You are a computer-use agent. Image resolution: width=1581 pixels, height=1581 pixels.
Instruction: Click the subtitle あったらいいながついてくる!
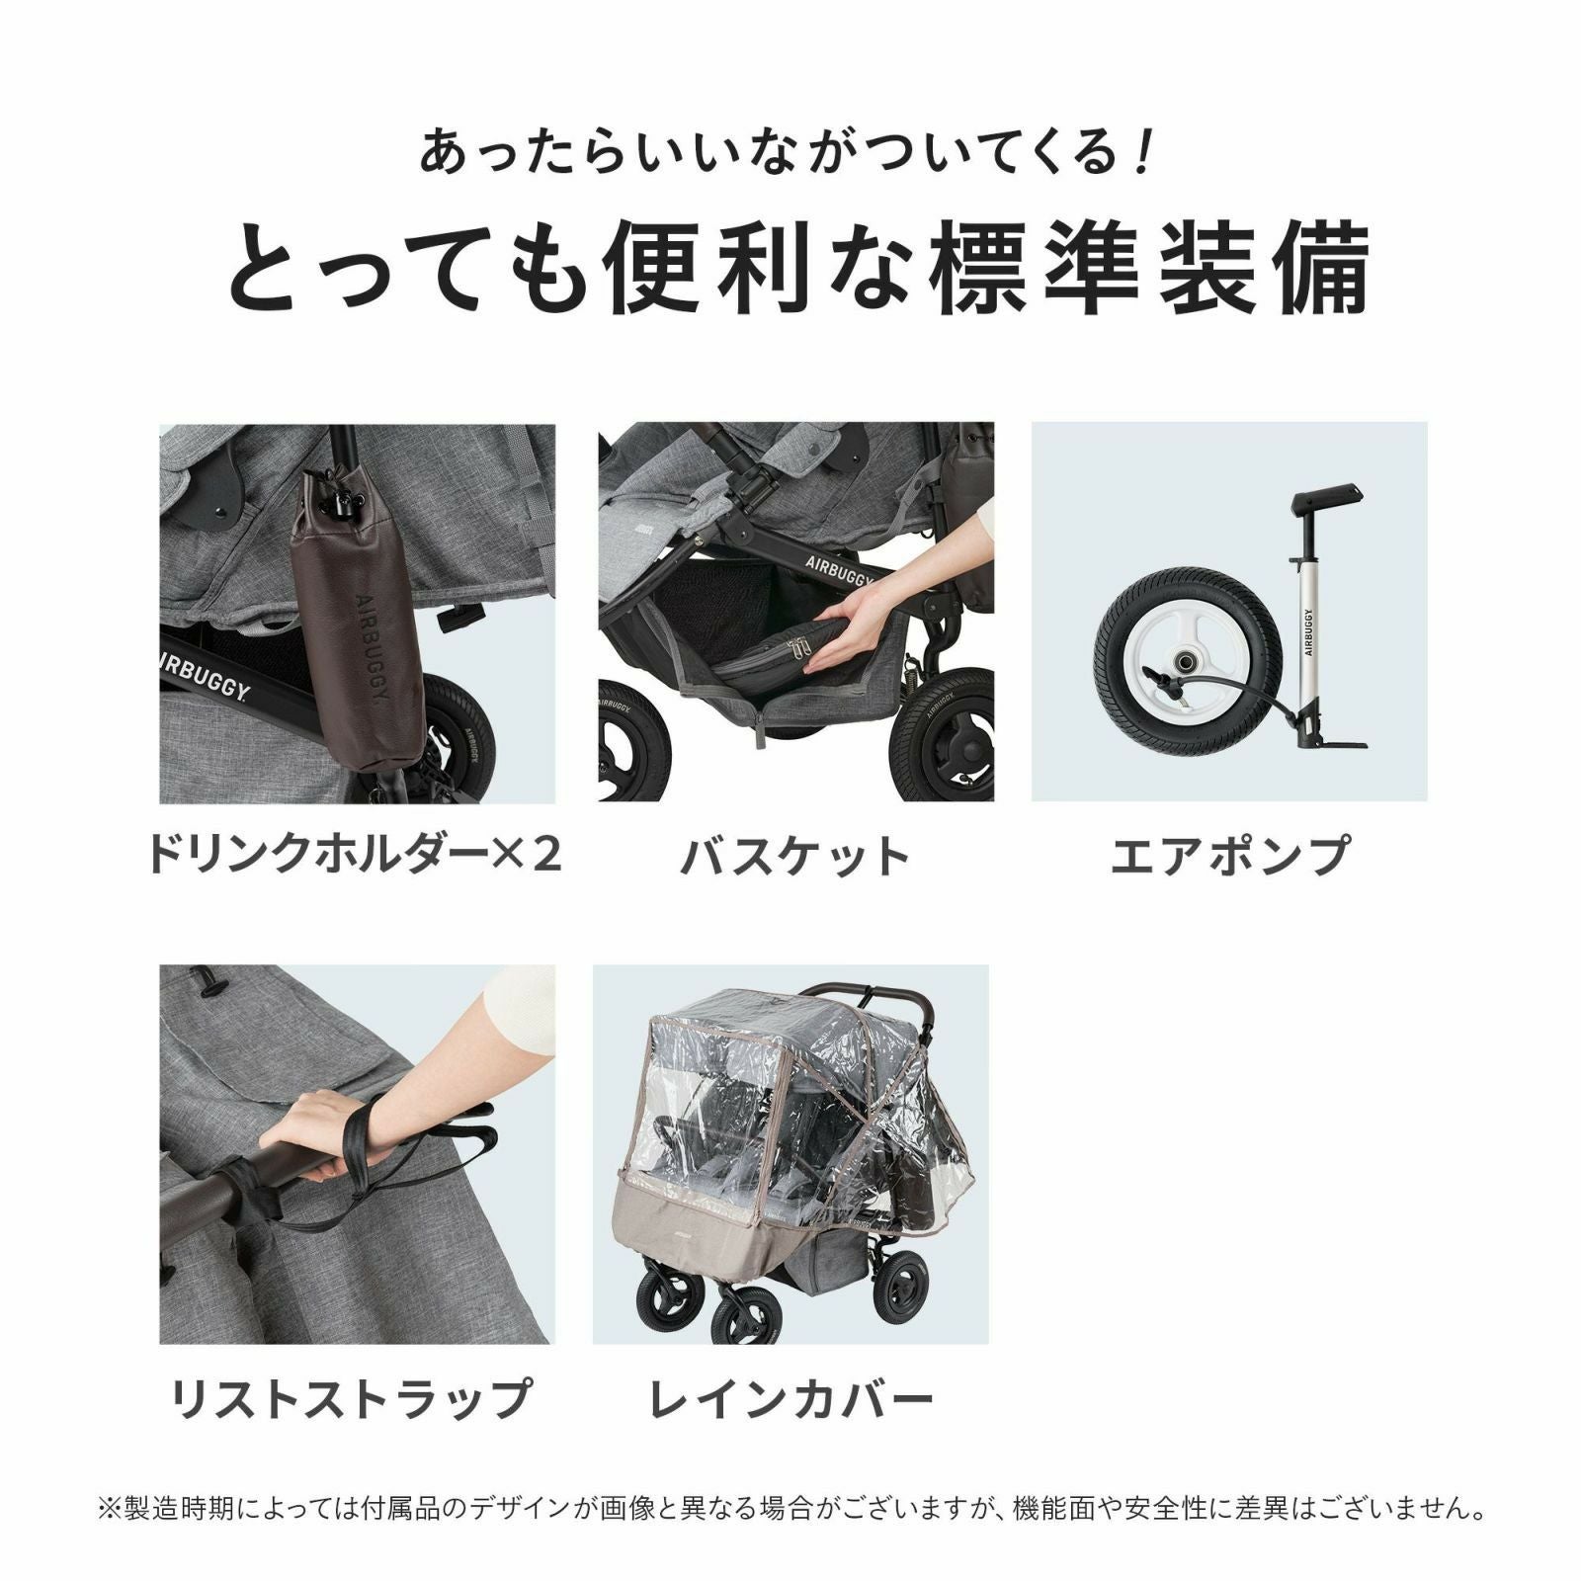[x=786, y=153]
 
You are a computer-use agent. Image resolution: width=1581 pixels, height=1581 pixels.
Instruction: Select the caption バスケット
[x=795, y=856]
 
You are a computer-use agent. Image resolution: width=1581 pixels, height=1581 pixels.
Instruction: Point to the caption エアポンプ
[x=1229, y=855]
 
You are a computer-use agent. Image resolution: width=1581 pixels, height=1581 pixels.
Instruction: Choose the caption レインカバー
[x=790, y=1398]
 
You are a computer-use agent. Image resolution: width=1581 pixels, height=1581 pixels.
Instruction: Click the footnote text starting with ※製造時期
[x=790, y=1510]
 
